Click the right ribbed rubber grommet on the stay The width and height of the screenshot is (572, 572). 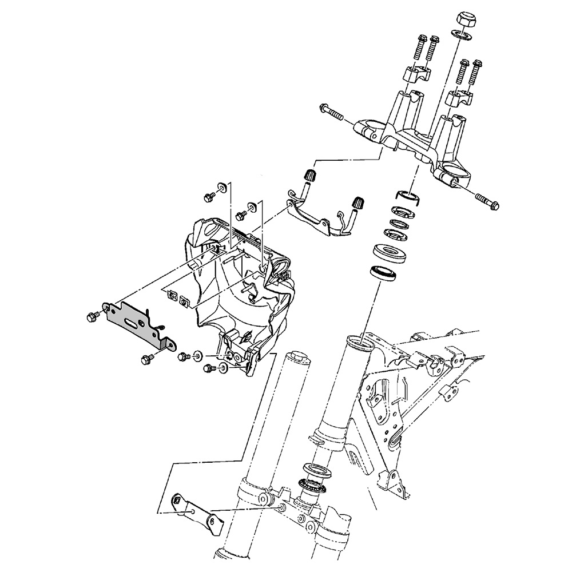(x=359, y=202)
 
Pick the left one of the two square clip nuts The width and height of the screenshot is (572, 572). (x=170, y=296)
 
